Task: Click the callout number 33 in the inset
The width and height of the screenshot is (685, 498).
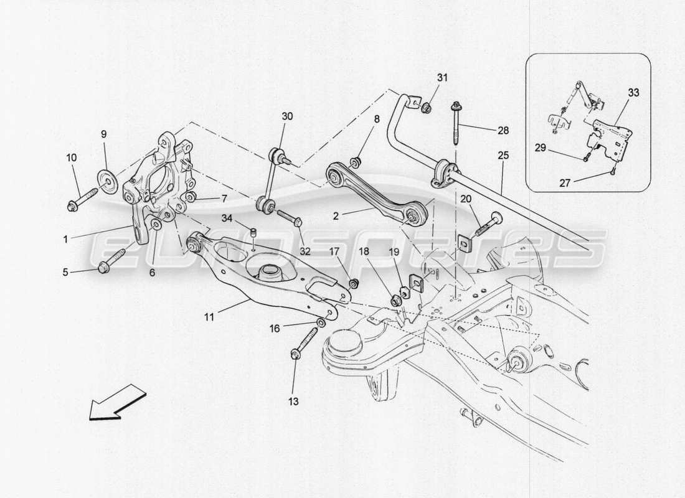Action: click(x=633, y=93)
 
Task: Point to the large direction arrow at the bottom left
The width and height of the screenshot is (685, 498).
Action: click(x=116, y=402)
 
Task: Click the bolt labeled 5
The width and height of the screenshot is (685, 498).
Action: click(x=113, y=261)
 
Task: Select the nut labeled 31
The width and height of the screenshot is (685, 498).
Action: click(x=426, y=109)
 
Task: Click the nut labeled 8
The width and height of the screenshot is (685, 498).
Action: click(x=356, y=163)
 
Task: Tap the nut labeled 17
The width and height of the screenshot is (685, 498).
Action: click(x=354, y=284)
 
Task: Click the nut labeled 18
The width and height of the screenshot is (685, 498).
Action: click(x=394, y=301)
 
